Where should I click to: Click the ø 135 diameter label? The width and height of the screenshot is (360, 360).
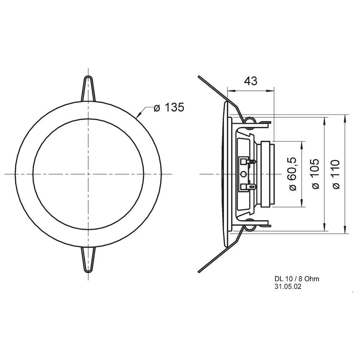point(169,107)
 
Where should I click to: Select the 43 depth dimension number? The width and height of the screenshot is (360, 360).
point(251,81)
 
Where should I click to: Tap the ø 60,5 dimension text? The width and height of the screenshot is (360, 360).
point(292,174)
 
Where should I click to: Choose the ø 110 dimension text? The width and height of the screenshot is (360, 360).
point(336,174)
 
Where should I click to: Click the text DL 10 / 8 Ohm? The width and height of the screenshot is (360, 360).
point(297,279)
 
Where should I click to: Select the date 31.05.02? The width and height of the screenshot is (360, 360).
point(288,287)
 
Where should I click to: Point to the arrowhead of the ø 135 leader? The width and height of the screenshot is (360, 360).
point(138,116)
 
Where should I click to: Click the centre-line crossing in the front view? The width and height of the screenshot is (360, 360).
point(88,174)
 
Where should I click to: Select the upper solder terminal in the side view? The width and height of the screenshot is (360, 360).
point(248,162)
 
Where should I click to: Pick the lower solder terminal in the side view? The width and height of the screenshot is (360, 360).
point(248,186)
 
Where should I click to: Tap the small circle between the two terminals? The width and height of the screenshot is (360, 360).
point(244,174)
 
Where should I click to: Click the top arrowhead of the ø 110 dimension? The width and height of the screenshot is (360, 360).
point(346,117)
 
